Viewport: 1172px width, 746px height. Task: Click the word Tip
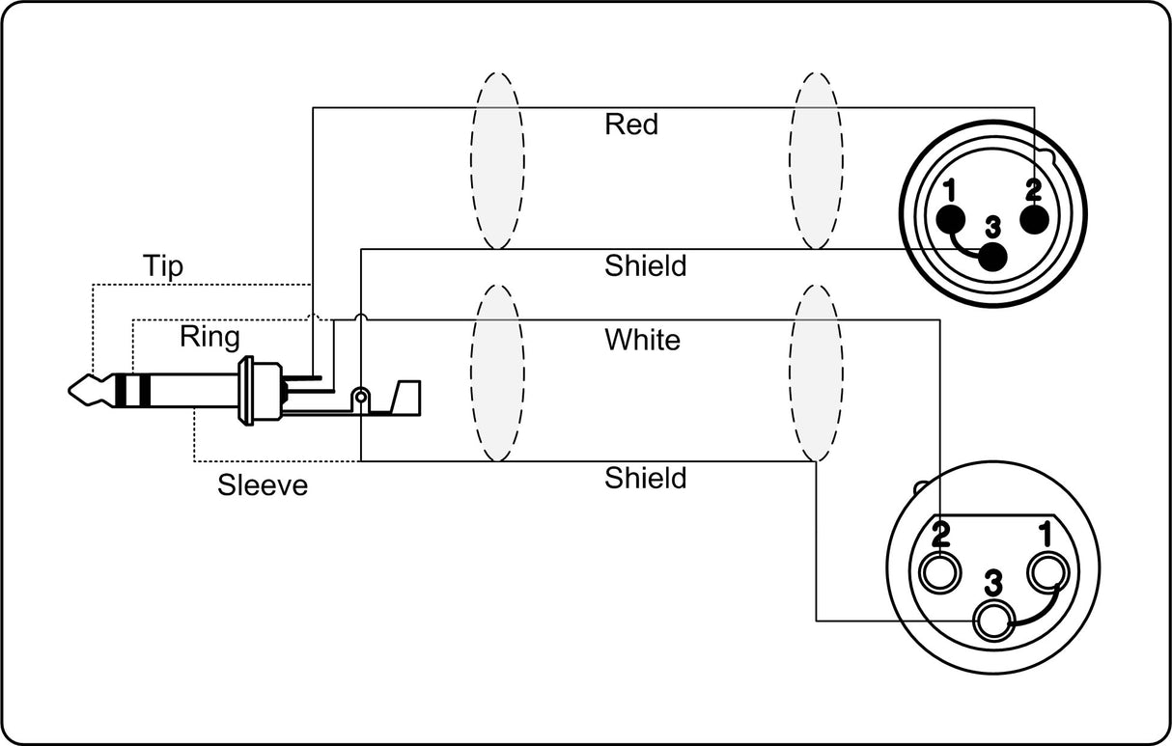pyautogui.click(x=163, y=266)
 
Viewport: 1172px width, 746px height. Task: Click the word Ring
pyautogui.click(x=209, y=338)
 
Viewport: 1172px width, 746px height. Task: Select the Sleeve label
pyautogui.click(x=263, y=485)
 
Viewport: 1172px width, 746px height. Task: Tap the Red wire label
pyautogui.click(x=631, y=124)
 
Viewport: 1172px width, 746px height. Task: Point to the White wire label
pyautogui.click(x=643, y=340)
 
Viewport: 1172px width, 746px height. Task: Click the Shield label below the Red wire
pyautogui.click(x=645, y=265)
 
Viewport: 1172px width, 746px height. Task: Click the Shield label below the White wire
pyautogui.click(x=645, y=478)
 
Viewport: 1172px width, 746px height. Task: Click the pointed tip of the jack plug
pyautogui.click(x=70, y=390)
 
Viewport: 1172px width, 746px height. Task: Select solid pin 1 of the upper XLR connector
pyautogui.click(x=950, y=220)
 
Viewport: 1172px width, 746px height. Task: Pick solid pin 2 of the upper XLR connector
pyautogui.click(x=1034, y=220)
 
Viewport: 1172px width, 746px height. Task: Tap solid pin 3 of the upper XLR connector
pyautogui.click(x=992, y=257)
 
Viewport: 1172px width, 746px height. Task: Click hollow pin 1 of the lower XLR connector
pyautogui.click(x=1046, y=572)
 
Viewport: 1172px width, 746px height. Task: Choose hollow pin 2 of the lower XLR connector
pyautogui.click(x=939, y=572)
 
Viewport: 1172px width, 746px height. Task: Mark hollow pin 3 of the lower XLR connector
pyautogui.click(x=993, y=622)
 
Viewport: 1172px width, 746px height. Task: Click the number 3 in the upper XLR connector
pyautogui.click(x=992, y=228)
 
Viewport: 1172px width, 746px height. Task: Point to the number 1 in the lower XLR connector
pyautogui.click(x=1046, y=534)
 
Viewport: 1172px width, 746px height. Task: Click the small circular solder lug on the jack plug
pyautogui.click(x=360, y=397)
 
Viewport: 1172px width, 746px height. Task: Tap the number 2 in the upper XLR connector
pyautogui.click(x=1034, y=191)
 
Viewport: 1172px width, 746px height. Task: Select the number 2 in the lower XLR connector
pyautogui.click(x=941, y=534)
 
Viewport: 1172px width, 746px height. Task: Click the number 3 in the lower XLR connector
pyautogui.click(x=993, y=583)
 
